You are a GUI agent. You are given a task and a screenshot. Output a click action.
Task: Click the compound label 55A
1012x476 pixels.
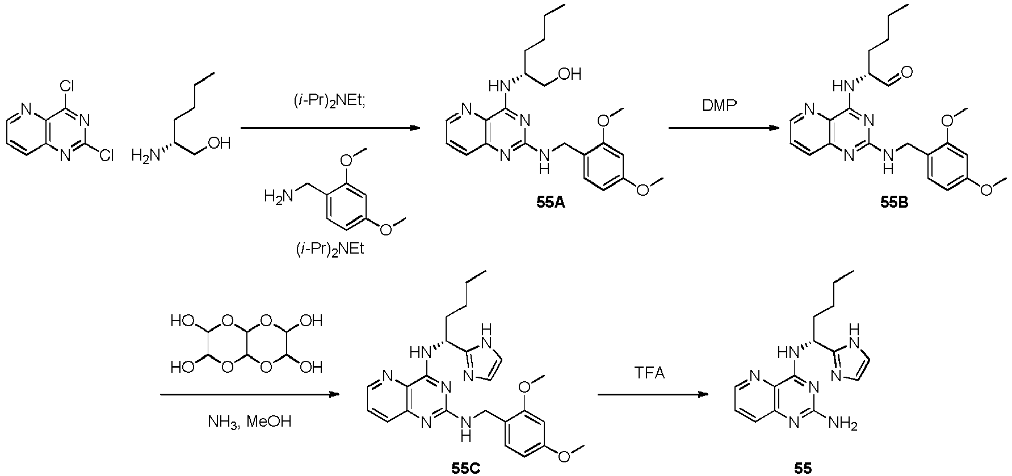[x=551, y=203]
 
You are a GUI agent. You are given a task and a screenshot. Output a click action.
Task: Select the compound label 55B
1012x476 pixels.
[x=894, y=203]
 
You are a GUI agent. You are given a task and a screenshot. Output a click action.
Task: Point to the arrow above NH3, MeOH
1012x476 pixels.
[x=250, y=395]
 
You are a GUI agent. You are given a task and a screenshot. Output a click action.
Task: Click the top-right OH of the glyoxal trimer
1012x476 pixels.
[x=311, y=322]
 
